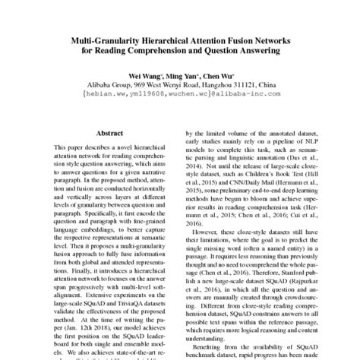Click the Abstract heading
(110, 131)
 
